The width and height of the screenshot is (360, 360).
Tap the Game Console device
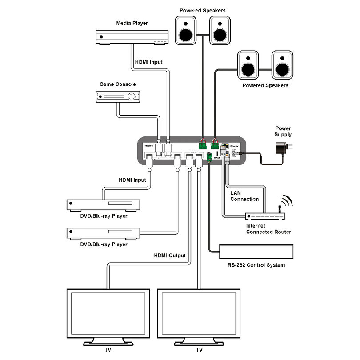117,96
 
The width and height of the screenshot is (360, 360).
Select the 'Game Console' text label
118,84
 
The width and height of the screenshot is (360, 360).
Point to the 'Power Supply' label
283,131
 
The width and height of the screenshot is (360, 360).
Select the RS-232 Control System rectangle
256,252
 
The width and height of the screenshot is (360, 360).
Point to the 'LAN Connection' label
244,196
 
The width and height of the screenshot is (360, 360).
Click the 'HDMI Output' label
170,256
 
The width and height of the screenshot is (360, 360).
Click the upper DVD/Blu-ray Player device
103,205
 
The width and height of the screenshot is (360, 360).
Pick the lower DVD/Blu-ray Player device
103,233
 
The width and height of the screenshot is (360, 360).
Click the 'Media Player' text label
132,23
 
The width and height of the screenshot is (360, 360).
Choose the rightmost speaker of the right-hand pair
282,64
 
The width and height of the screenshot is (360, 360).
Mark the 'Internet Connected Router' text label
268,229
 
